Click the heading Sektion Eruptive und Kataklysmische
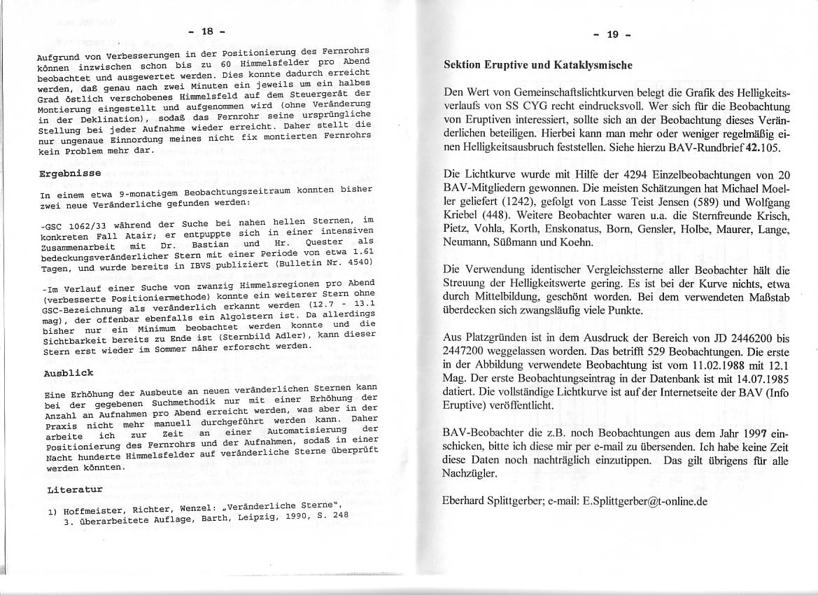pyautogui.click(x=538, y=64)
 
